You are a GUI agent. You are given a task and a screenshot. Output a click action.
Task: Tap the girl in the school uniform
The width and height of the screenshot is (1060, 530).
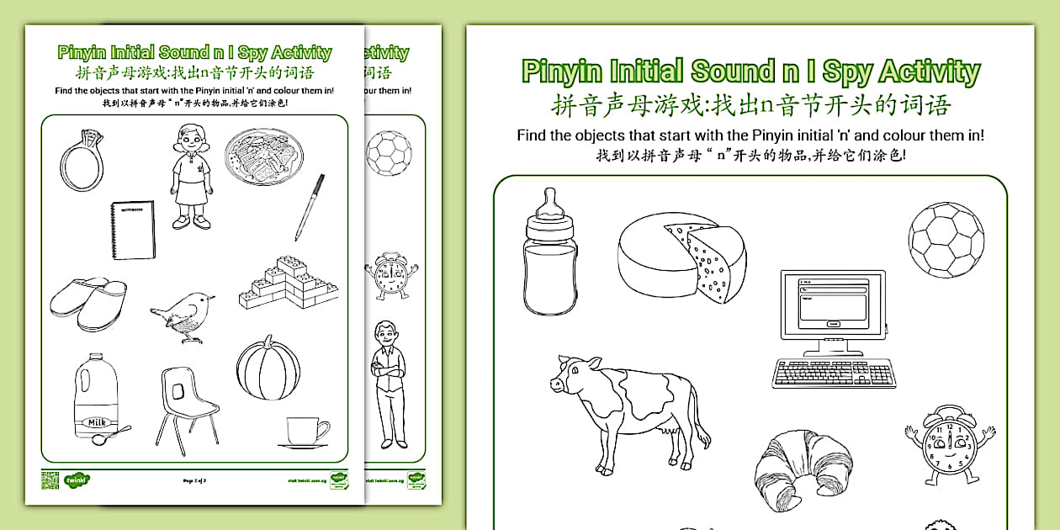(190, 177)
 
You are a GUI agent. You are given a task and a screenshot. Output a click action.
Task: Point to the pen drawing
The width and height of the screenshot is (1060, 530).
(309, 207)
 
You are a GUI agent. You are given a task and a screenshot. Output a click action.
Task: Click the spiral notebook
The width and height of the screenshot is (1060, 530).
(133, 230)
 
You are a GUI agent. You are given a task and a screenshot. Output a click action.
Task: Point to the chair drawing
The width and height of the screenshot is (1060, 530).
(187, 408)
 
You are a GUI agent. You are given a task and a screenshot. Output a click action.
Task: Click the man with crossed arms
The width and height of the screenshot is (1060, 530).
(388, 383)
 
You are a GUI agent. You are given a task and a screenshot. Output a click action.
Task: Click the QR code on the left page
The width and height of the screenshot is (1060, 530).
(47, 480)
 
